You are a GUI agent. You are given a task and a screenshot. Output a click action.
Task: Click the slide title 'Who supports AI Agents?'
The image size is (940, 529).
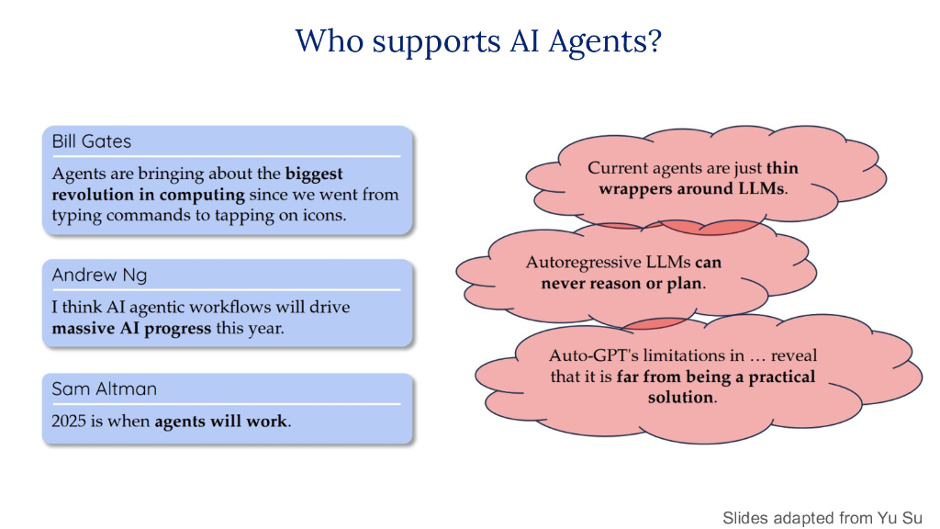point(477,42)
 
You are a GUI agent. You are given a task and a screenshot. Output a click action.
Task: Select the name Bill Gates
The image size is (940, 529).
point(91,141)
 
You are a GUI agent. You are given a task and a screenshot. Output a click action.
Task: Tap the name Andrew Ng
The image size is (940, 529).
point(99,276)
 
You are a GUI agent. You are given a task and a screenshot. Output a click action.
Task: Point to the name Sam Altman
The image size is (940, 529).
point(104,388)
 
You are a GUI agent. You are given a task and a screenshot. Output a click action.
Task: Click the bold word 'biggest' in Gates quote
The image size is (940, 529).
point(314,174)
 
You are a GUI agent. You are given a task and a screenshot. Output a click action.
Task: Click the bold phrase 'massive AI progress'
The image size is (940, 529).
point(131,328)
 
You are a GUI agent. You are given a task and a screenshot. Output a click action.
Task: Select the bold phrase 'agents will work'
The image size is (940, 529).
point(220,422)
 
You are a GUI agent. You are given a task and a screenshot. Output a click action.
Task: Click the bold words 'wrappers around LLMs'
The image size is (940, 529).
point(691,189)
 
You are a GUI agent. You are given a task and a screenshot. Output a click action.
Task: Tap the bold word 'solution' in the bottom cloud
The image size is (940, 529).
point(680,397)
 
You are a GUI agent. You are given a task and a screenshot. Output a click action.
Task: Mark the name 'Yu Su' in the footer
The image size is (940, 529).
point(903,518)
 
